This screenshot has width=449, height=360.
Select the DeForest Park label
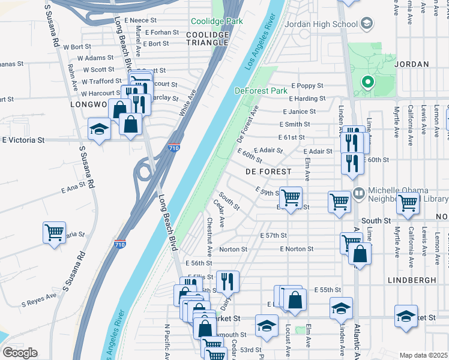[x=261, y=91]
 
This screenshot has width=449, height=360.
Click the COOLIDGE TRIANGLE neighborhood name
[x=207, y=39]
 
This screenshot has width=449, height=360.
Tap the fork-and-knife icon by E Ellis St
[x=228, y=281]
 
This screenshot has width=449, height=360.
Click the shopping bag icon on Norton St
[x=360, y=254]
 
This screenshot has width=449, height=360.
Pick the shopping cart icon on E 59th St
[x=291, y=197]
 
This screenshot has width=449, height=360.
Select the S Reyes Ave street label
[x=39, y=296]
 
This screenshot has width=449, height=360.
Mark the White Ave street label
[x=187, y=103]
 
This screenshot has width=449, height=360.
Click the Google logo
[x=20, y=353]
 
